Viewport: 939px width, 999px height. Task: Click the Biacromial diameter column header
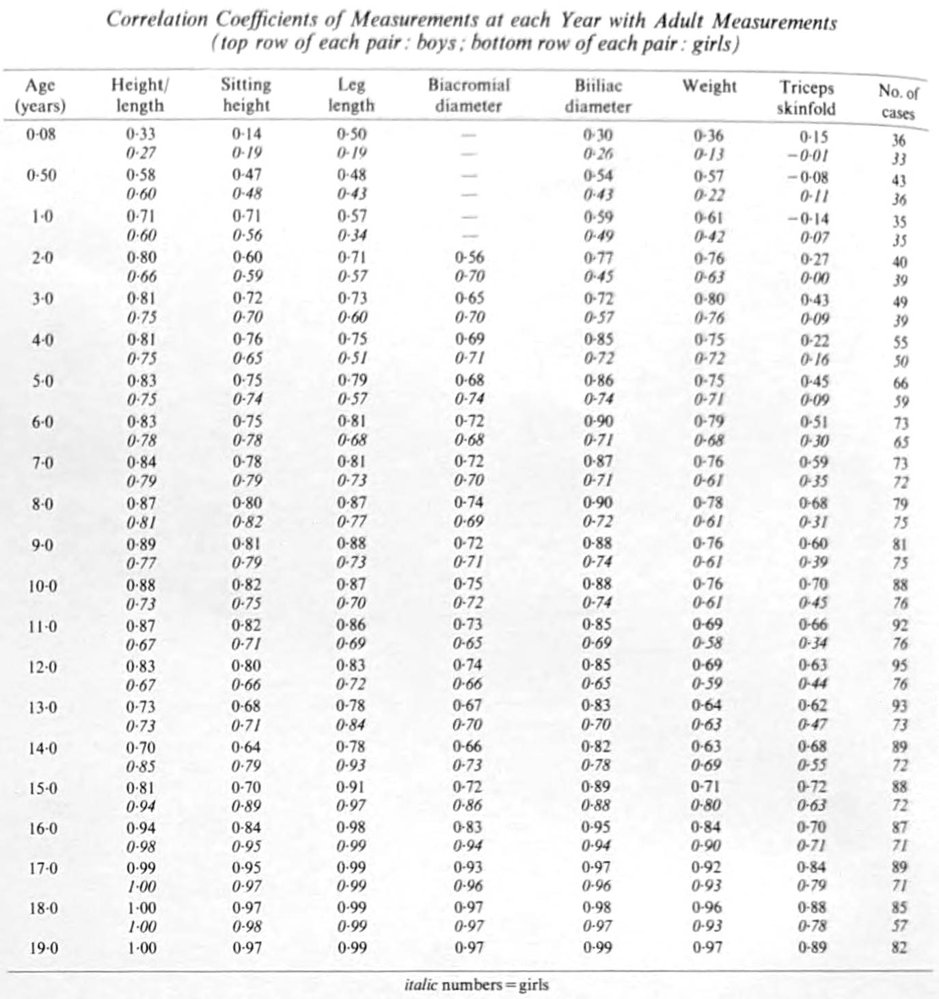click(x=469, y=95)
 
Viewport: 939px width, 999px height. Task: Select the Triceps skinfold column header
click(x=806, y=98)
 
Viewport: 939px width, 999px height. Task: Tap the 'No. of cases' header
click(x=898, y=102)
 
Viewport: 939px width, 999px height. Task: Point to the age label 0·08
click(x=41, y=134)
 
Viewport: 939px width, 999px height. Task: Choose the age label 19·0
click(x=43, y=948)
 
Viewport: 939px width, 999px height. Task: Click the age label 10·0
click(x=43, y=586)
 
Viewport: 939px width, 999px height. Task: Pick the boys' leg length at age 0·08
click(x=352, y=134)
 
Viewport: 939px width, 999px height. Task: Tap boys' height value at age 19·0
click(x=141, y=948)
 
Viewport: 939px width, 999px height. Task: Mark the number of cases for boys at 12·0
click(x=900, y=665)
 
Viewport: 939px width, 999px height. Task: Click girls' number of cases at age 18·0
click(x=900, y=926)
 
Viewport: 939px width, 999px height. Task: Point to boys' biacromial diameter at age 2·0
click(x=469, y=257)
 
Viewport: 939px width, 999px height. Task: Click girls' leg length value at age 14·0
click(x=352, y=765)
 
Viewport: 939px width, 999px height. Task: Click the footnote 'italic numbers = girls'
click(x=476, y=985)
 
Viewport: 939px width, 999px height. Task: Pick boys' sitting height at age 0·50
click(x=247, y=175)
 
